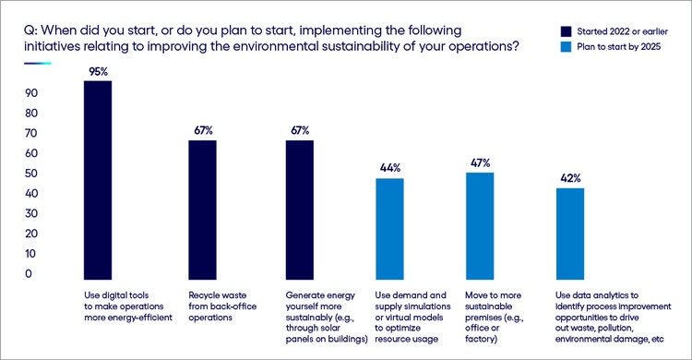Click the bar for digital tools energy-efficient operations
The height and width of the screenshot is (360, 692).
point(97,180)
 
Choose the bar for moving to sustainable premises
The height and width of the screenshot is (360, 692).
point(480,226)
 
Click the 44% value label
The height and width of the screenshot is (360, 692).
point(389,167)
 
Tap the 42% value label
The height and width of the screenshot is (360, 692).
point(570,176)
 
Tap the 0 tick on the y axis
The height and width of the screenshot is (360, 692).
point(29,274)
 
